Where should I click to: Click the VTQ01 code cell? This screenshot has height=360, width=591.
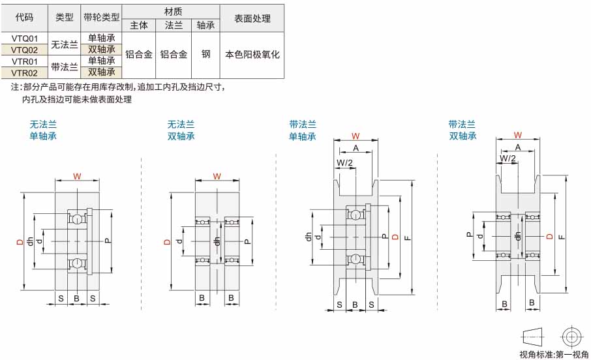click(25, 38)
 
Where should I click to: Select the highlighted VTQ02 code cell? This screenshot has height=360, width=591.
click(25, 50)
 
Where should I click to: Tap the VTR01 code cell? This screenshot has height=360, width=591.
click(25, 61)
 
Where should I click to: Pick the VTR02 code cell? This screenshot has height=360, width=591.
click(25, 73)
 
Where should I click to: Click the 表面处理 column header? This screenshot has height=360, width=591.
click(252, 18)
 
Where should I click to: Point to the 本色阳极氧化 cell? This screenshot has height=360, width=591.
click(252, 55)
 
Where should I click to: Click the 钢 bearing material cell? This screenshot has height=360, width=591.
click(205, 54)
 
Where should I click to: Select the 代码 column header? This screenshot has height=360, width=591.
click(25, 18)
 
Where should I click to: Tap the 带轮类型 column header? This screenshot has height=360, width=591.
click(101, 18)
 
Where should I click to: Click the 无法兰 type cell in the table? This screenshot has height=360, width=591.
click(65, 44)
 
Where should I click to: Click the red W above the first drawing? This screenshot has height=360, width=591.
click(77, 176)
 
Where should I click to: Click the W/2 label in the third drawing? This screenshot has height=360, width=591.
click(344, 162)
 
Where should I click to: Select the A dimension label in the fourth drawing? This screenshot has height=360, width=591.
click(518, 147)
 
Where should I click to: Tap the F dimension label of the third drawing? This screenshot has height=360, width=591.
click(407, 238)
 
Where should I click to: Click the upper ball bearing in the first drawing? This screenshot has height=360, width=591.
click(77, 219)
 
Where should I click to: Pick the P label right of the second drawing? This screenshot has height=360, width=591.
click(248, 241)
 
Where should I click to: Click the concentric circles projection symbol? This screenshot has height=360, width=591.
click(572, 337)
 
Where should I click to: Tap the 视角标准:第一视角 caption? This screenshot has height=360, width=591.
click(554, 354)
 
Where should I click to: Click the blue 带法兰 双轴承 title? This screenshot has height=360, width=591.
click(462, 130)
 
